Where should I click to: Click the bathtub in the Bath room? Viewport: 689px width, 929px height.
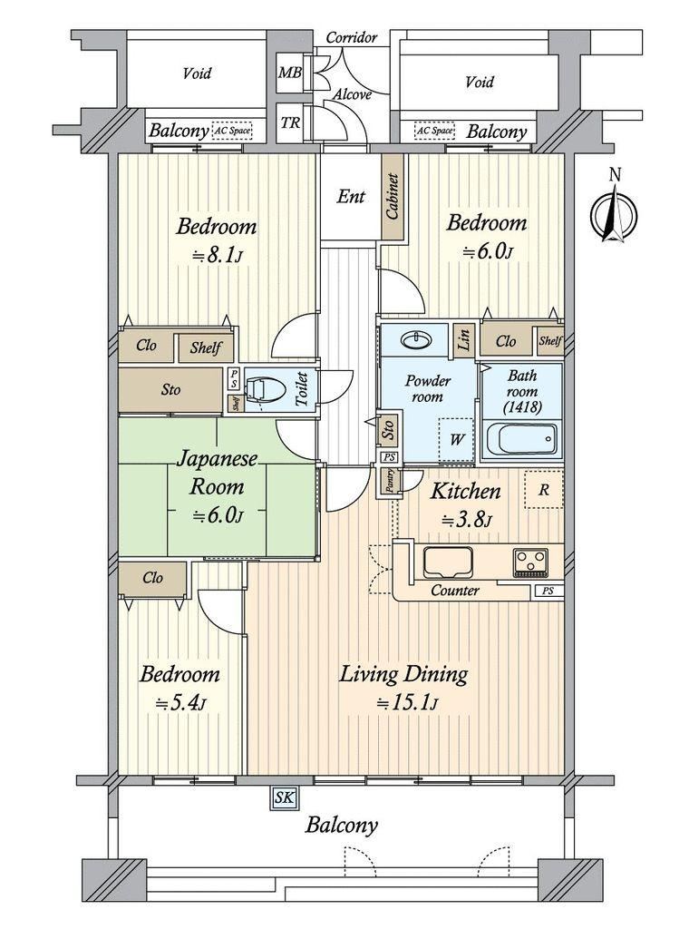pyautogui.click(x=521, y=440)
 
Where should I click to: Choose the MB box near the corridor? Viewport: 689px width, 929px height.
pyautogui.click(x=290, y=73)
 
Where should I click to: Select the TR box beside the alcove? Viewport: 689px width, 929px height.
pyautogui.click(x=290, y=123)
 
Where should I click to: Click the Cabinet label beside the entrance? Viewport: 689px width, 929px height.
pyautogui.click(x=393, y=197)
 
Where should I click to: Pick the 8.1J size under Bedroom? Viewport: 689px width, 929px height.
pyautogui.click(x=216, y=256)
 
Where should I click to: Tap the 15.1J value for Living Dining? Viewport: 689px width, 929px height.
pyautogui.click(x=407, y=703)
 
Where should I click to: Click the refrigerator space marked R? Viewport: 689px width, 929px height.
pyautogui.click(x=544, y=489)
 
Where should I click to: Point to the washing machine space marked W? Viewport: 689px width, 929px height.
pyautogui.click(x=456, y=440)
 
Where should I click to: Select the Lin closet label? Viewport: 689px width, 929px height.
pyautogui.click(x=463, y=340)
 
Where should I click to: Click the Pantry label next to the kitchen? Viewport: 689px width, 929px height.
pyautogui.click(x=390, y=481)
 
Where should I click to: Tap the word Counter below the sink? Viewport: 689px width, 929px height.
pyautogui.click(x=454, y=590)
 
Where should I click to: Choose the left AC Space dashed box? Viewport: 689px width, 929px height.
pyautogui.click(x=231, y=131)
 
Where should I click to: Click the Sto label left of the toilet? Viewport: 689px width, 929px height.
pyautogui.click(x=170, y=390)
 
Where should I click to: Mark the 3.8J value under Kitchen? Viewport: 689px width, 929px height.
pyautogui.click(x=467, y=521)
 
